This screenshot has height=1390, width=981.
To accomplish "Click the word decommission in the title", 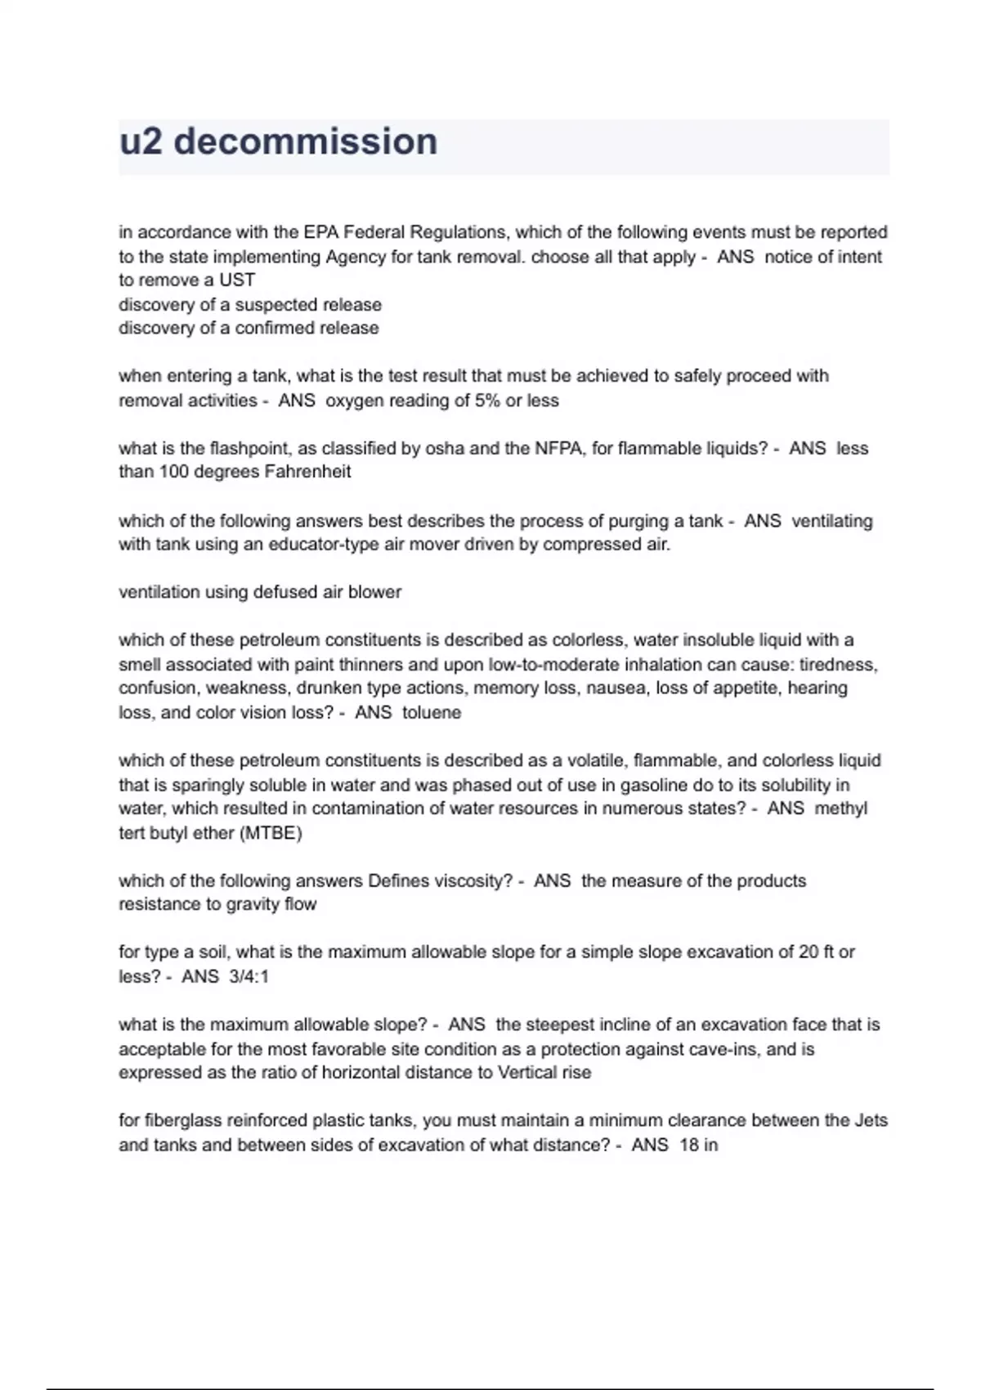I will point(306,141).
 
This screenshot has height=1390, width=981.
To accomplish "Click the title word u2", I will point(141,141).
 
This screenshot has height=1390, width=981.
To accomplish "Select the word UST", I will point(237,280).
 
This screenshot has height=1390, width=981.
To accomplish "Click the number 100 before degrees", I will point(174,472).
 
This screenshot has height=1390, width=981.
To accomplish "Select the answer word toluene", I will point(432,712).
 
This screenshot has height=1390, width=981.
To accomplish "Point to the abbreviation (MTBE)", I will point(271,833).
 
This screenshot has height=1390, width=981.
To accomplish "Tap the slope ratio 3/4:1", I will point(249,976).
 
